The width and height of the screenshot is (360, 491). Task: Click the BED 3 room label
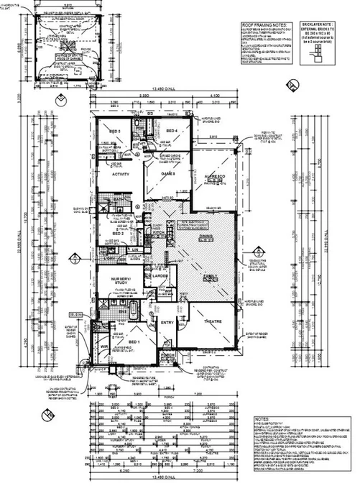[114, 132]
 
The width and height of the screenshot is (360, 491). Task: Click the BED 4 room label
[172, 131]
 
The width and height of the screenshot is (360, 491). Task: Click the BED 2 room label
[118, 234]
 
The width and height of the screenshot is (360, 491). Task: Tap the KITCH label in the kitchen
[160, 234]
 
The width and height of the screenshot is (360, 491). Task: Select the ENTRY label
[170, 323]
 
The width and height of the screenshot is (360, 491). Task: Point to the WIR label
[104, 347]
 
